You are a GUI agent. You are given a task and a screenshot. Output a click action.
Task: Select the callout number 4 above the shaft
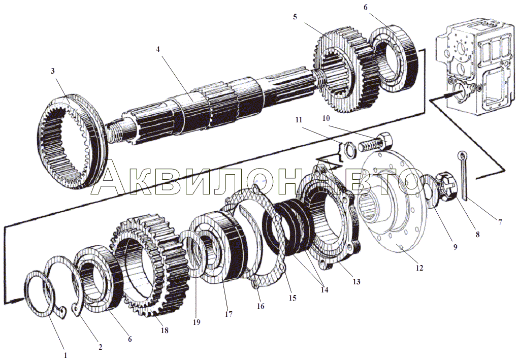click(158, 50)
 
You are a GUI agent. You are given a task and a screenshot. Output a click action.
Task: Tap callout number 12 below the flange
click(419, 268)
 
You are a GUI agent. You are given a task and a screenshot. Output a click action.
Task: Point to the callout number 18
click(164, 331)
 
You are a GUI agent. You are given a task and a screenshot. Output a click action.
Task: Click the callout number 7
click(500, 222)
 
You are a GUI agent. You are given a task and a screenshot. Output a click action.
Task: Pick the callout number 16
click(261, 306)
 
